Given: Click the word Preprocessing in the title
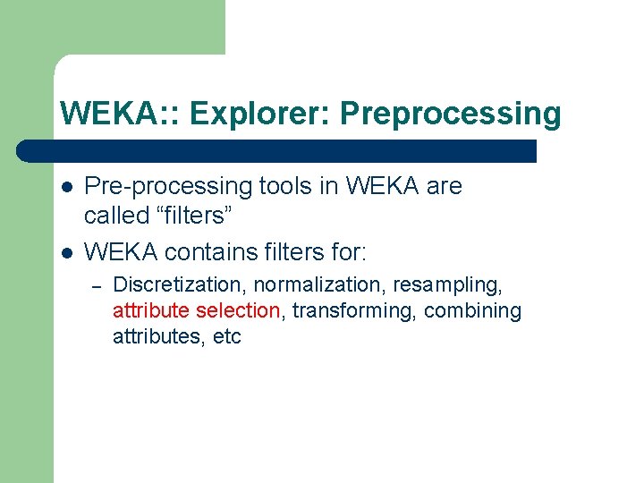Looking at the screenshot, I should [451, 114].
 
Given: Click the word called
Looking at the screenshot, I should [114, 216].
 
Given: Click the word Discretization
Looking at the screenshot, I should [180, 285].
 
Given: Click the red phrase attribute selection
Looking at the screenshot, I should [197, 311].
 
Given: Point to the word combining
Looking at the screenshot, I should [472, 311].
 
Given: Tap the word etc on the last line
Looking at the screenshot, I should [226, 337].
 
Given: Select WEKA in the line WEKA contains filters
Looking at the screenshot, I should [115, 252].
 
